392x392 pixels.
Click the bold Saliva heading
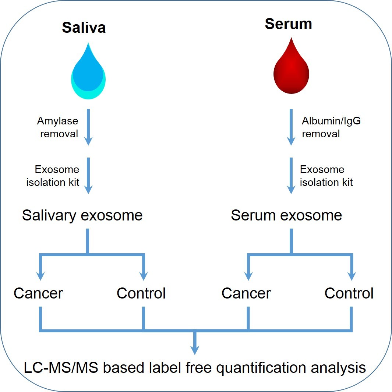[84, 28]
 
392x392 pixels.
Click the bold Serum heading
[288, 24]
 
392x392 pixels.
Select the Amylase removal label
[58, 127]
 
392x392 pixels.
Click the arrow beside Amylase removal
[88, 127]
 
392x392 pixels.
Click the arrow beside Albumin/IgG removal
[291, 127]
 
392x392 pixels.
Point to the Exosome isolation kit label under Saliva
[53, 176]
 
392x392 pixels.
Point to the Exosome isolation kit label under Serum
[326, 176]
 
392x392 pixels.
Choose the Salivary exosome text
[82, 215]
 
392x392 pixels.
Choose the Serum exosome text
[286, 215]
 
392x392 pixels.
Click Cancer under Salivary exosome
[38, 293]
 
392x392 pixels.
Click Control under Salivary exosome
[141, 293]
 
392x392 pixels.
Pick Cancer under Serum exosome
[246, 293]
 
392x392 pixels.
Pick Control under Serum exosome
[349, 293]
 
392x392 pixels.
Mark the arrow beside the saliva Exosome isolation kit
[88, 176]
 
